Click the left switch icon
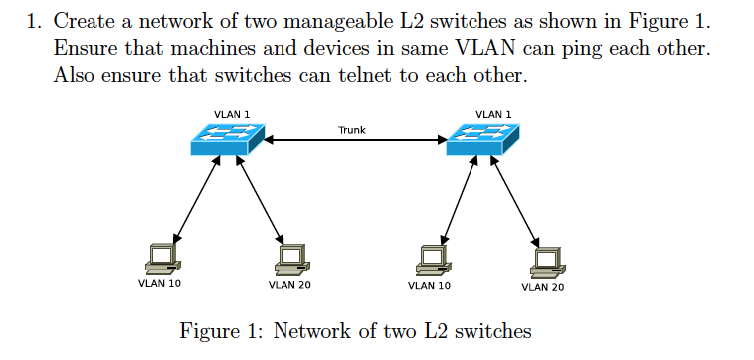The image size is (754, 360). (228, 139)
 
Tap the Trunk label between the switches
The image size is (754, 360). (352, 129)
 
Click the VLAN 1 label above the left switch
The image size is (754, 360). (232, 114)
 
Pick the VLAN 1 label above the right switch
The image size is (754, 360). (494, 114)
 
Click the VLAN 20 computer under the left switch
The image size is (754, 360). (289, 258)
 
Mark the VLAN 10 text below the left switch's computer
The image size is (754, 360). (158, 285)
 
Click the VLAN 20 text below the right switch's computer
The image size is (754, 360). (542, 287)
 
